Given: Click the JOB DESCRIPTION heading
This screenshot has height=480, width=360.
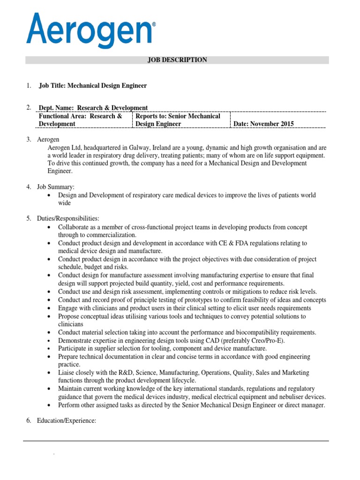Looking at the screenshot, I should pyautogui.click(x=177, y=60).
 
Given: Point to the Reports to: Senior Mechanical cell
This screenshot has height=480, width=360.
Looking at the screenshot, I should pyautogui.click(x=178, y=116).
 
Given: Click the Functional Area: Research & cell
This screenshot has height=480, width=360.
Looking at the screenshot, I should pyautogui.click(x=80, y=116).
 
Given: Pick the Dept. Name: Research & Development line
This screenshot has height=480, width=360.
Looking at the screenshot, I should pyautogui.click(x=93, y=108).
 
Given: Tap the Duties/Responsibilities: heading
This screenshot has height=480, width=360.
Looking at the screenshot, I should pyautogui.click(x=68, y=219).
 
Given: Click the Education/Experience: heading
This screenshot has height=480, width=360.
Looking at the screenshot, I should pyautogui.click(x=67, y=421).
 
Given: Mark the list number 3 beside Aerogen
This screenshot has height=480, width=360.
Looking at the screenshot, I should pyautogui.click(x=28, y=140).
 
